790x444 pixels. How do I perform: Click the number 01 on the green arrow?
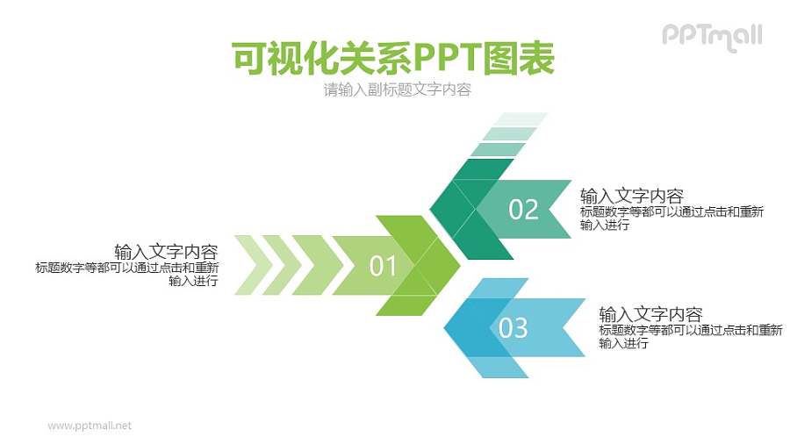point(384,266)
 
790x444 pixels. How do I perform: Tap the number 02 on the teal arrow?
point(523,210)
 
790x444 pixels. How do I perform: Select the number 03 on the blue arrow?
point(513,327)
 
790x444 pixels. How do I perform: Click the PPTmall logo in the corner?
point(712,36)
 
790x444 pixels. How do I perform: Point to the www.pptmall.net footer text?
point(90,426)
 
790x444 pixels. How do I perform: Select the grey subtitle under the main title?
point(397,90)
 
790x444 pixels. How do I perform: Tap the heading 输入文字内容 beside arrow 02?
point(631,195)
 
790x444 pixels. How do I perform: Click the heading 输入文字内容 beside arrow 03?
point(650,313)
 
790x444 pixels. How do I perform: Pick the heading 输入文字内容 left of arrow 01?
point(166,251)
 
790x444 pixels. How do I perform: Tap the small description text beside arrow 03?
point(690,336)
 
